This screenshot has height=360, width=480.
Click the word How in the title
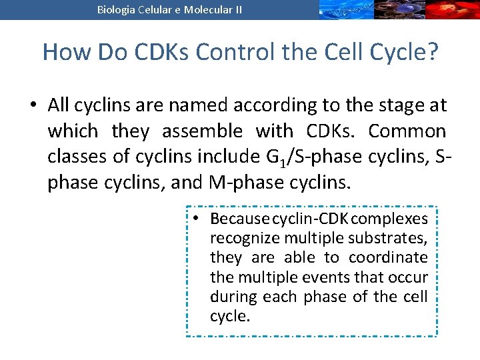pos(62,51)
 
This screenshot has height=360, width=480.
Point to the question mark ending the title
pos(432,51)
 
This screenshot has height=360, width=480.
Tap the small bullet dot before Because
pos(198,219)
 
